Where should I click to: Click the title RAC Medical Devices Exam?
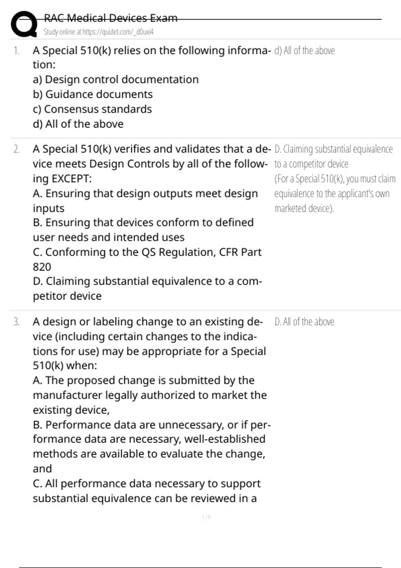111,18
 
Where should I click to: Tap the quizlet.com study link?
98,32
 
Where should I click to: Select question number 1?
16,51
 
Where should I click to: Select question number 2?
16,149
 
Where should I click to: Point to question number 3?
16,322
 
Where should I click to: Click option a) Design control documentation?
116,80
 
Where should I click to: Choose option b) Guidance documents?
93,95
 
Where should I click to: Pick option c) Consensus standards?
92,109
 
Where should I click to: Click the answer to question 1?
304,51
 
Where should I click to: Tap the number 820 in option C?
42,267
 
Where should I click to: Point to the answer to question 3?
304,322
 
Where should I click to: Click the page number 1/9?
206,517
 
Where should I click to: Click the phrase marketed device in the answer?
304,208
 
